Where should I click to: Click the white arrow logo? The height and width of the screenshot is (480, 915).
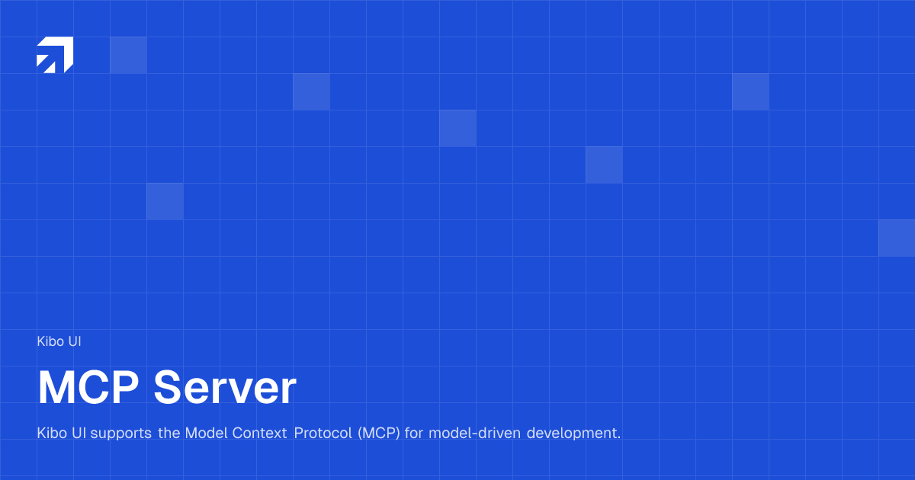(55, 55)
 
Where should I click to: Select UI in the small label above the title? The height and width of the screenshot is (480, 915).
(74, 341)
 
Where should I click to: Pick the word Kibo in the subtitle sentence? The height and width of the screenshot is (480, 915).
(50, 434)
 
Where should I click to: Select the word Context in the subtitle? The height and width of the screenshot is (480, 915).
(258, 434)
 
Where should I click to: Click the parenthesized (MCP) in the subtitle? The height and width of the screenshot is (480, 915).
(379, 434)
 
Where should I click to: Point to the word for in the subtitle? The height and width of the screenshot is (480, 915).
(414, 434)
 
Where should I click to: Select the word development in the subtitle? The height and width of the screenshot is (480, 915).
(573, 434)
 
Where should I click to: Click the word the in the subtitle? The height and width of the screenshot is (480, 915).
(169, 434)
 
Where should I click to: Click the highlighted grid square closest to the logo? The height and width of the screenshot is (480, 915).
(128, 55)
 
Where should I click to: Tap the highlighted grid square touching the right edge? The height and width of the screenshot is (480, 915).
(897, 238)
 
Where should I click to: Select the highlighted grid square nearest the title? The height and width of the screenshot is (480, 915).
(165, 201)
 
